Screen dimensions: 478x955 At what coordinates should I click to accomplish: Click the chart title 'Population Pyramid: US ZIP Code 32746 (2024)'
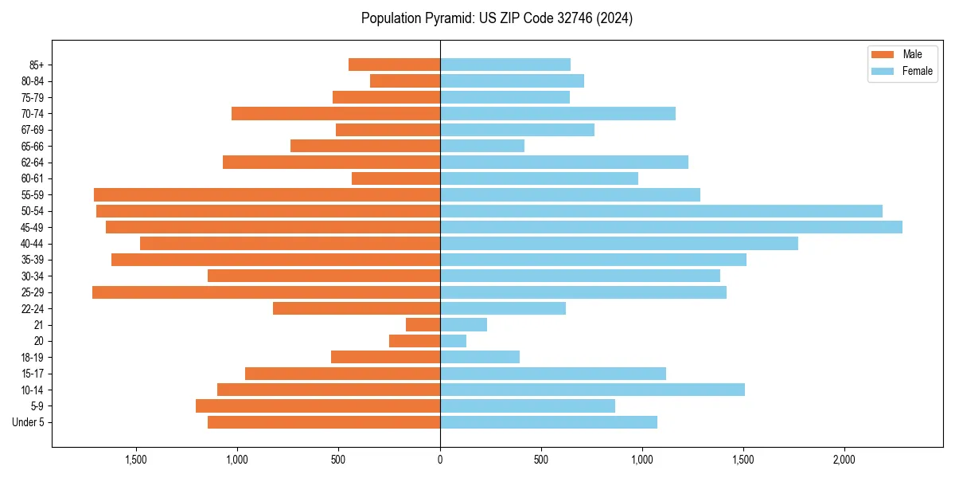(497, 18)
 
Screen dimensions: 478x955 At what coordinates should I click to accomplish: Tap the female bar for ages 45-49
(671, 227)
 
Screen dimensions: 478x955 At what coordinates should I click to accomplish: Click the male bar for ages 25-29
(266, 292)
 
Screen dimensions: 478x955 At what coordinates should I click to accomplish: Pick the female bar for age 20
(453, 341)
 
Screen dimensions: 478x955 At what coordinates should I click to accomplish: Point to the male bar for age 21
(423, 325)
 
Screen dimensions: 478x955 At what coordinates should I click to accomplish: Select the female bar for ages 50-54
(661, 211)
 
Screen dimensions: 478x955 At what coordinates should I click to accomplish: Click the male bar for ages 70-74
(335, 114)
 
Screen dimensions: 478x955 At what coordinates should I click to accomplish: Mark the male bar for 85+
(394, 65)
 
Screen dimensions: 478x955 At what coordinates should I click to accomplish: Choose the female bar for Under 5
(548, 422)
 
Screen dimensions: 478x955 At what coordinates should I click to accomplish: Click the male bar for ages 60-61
(396, 178)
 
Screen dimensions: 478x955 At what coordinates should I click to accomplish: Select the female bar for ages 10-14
(592, 390)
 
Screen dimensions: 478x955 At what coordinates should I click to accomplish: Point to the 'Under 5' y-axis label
(29, 422)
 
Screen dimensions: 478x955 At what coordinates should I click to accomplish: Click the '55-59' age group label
(33, 195)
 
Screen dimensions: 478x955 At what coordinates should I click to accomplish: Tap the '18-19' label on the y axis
(33, 358)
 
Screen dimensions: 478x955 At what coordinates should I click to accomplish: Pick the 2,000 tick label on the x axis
(844, 460)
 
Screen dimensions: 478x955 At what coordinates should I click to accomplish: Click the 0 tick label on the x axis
(440, 460)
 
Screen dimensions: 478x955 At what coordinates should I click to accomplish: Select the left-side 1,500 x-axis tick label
(137, 460)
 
